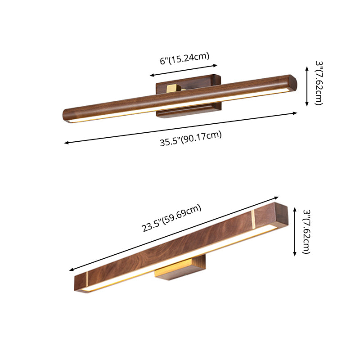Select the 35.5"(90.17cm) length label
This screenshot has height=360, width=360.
[191, 139]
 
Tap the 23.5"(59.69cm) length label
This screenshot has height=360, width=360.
[172, 218]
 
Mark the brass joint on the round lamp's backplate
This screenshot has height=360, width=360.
[173, 88]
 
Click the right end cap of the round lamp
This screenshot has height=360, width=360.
[292, 84]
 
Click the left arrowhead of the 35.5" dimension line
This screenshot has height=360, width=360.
[66, 143]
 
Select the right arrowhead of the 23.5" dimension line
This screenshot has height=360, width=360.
[278, 198]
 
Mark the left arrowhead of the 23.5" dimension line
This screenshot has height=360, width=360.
[71, 270]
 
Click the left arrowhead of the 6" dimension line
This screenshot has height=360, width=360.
[152, 76]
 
